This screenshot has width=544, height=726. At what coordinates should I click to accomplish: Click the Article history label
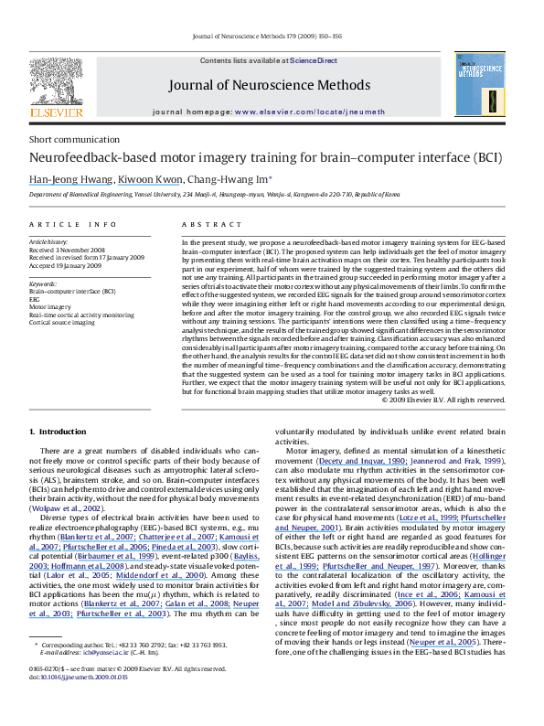pos(48,241)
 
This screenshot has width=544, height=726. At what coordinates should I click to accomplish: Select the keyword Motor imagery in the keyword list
pos(51,306)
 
